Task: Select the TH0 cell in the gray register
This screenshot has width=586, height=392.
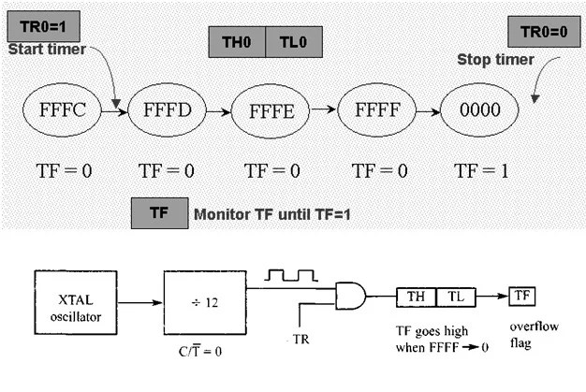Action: click(x=237, y=43)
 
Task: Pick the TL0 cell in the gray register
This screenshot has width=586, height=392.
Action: click(x=293, y=43)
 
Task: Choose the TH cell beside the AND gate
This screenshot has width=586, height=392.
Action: click(x=415, y=297)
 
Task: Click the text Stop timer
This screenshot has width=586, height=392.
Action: click(x=495, y=60)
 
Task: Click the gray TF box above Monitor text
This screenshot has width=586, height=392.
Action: click(x=159, y=212)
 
